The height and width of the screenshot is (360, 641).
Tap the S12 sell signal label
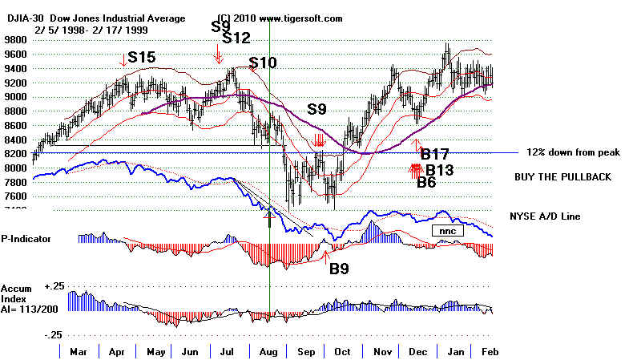pos(236,38)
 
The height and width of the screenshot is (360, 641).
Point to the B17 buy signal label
pos(435,153)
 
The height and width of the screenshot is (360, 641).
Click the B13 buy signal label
pos(440,169)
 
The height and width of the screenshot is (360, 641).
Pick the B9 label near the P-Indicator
pos(340,269)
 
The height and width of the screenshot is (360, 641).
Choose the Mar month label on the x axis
pos(79,351)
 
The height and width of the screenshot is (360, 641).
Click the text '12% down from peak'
pos(574,152)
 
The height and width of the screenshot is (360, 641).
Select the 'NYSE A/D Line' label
pos(544,216)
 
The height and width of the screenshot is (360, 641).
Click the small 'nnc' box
pos(445,231)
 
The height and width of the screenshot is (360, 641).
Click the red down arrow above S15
pos(123,58)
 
